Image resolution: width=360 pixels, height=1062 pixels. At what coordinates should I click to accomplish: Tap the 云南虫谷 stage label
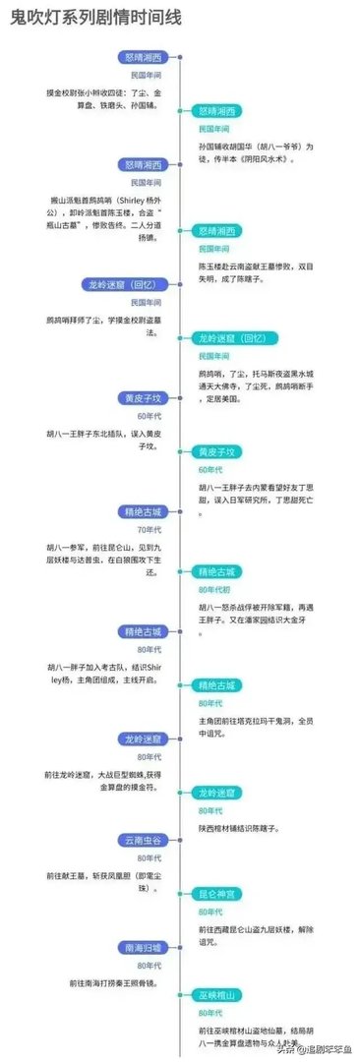point(145,840)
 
